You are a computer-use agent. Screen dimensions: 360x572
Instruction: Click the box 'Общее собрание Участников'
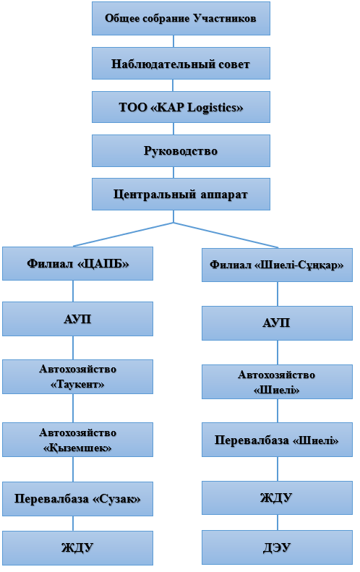click(x=181, y=18)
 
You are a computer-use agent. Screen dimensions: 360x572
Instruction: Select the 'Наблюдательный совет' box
click(x=181, y=63)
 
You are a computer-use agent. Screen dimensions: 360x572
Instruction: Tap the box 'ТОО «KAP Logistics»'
click(x=181, y=107)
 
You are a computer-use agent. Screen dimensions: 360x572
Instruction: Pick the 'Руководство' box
click(x=181, y=150)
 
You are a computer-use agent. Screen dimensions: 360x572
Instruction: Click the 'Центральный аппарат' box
click(x=181, y=194)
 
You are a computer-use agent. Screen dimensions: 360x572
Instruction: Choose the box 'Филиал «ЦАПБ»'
click(x=77, y=263)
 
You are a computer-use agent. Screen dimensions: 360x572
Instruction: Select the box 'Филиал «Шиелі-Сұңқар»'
click(x=277, y=265)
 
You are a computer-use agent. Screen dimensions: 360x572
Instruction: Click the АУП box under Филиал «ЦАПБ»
click(x=77, y=319)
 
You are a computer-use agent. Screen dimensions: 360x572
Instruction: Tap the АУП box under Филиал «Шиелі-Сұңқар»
click(x=277, y=323)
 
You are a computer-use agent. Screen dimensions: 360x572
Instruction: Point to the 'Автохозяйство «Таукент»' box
click(x=77, y=377)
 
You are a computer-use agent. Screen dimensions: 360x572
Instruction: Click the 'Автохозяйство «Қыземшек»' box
click(x=77, y=440)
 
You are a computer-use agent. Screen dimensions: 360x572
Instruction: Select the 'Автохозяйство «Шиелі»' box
click(x=277, y=382)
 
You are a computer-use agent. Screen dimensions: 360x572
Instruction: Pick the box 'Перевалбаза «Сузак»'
click(x=77, y=499)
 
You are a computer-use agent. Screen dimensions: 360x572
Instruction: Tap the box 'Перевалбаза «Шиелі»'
click(x=277, y=440)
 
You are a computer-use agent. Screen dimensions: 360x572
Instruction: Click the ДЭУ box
click(x=277, y=547)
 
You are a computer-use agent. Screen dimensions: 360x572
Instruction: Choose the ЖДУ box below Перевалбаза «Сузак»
click(x=77, y=548)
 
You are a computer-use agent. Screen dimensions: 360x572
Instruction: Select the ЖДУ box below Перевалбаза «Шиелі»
click(x=277, y=498)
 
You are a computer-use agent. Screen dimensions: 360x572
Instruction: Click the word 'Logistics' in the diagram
click(x=215, y=108)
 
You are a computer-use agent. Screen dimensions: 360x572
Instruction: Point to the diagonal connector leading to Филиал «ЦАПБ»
click(x=124, y=234)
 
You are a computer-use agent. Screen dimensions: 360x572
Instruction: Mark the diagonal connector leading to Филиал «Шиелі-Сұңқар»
click(x=226, y=235)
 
